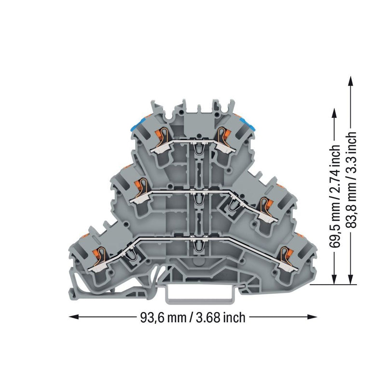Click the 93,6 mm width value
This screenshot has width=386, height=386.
point(163,317)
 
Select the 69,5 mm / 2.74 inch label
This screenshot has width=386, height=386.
point(334,196)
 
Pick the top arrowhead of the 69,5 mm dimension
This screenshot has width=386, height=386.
point(334,114)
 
